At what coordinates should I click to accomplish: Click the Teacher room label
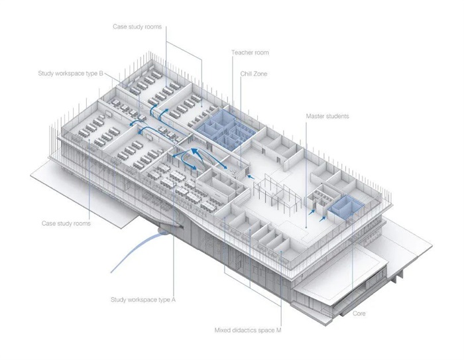tap(250, 52)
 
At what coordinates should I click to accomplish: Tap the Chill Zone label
tap(254, 74)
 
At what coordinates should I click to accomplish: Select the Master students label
tap(327, 116)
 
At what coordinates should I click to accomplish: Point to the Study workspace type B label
tap(70, 74)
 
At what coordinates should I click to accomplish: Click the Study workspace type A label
tap(143, 300)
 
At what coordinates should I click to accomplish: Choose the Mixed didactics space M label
tap(248, 330)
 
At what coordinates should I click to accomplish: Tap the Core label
tap(359, 314)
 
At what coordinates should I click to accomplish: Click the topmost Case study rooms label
tap(137, 27)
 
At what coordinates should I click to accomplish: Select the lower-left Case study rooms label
tap(66, 223)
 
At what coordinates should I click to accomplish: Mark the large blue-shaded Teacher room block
tap(225, 128)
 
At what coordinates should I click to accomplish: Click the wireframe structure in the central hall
tap(277, 193)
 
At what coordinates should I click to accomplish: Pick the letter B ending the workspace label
tap(101, 73)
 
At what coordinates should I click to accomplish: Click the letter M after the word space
tap(278, 330)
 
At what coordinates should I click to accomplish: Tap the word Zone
tap(260, 74)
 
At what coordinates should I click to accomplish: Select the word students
tap(337, 116)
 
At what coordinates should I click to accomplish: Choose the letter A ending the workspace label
tap(174, 299)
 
